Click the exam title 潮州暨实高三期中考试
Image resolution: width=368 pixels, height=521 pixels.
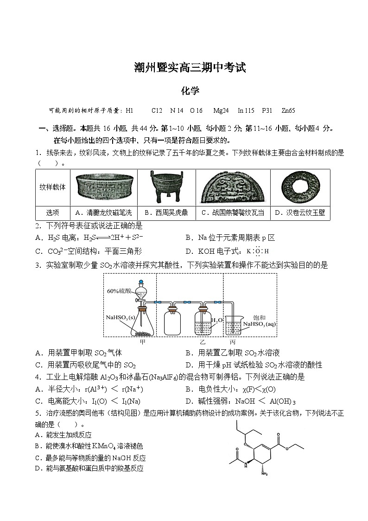(189, 68)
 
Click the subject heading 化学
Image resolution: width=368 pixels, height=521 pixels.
(190, 90)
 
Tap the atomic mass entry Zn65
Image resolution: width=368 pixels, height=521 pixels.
(288, 110)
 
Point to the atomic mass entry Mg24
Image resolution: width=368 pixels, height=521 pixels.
(221, 110)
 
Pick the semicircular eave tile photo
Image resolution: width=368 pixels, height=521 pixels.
(233, 188)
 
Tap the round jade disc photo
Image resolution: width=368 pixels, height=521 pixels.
(300, 188)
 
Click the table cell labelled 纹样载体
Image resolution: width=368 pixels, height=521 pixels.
(52, 187)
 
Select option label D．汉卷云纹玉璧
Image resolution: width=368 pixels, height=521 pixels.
(300, 212)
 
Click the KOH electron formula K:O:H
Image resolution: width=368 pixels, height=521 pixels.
(258, 251)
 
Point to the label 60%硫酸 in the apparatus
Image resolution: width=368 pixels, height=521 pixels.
(120, 291)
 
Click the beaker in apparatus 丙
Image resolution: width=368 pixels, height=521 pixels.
(235, 328)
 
